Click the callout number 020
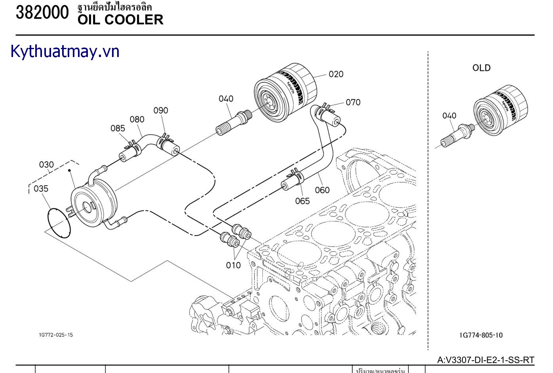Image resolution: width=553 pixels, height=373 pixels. [x=336, y=74]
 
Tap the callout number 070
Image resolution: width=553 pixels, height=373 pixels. [x=353, y=102]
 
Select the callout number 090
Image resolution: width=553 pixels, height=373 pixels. [x=161, y=110]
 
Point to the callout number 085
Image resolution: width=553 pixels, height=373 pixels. [x=118, y=128]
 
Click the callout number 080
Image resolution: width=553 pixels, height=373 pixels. [x=137, y=119]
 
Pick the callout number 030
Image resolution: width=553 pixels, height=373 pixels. [x=46, y=165]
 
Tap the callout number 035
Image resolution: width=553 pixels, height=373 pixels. [x=41, y=188]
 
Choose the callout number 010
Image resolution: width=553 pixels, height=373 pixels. [x=233, y=265]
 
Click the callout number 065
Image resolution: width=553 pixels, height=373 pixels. [x=302, y=201]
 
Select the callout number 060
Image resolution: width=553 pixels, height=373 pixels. [x=322, y=190]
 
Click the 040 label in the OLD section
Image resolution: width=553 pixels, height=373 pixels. [x=449, y=116]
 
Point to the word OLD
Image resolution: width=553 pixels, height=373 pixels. [x=481, y=68]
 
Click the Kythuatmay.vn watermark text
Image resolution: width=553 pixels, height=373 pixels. [x=65, y=52]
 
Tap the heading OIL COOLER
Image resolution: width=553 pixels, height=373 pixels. [x=120, y=20]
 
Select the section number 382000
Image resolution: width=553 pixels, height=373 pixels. [x=42, y=13]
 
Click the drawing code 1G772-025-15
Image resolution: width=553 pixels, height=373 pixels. [x=56, y=335]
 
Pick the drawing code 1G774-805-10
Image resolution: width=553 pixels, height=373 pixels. [x=481, y=335]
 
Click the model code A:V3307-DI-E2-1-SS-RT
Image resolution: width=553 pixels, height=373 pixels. [x=486, y=360]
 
